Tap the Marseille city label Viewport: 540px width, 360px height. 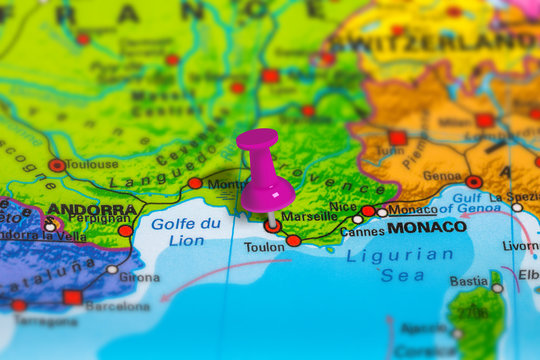click(309, 216)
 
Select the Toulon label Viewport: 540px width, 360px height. click(264, 247)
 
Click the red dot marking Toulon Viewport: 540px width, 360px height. click(293, 240)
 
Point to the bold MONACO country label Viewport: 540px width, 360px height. click(427, 227)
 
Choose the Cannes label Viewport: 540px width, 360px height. click(362, 232)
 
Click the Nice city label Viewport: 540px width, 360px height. click(342, 207)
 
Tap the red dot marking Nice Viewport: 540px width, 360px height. click(368, 211)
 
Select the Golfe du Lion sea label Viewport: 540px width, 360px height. click(185, 232)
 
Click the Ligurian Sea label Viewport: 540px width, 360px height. click(400, 265)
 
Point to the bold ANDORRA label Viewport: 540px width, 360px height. click(92, 210)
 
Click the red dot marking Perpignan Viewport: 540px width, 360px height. click(125, 230)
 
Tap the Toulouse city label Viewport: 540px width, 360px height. click(93, 163)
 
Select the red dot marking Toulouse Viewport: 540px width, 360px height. click(57, 165)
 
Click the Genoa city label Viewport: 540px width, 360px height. click(442, 176)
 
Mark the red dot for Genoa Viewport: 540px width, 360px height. click(473, 182)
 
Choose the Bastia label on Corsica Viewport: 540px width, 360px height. click(468, 282)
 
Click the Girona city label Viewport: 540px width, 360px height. click(139, 277)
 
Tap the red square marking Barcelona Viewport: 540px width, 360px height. click(72, 297)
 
